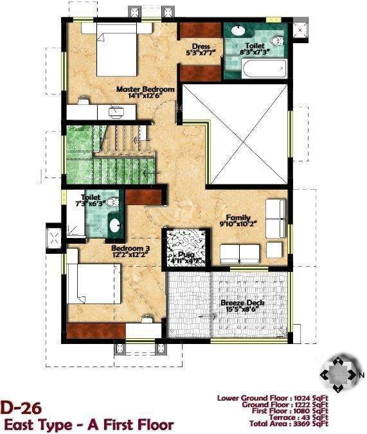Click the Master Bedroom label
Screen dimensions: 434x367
[x=145, y=90]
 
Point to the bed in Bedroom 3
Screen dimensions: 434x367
[x=91, y=284]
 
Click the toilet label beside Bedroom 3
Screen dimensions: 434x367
[x=91, y=197]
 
